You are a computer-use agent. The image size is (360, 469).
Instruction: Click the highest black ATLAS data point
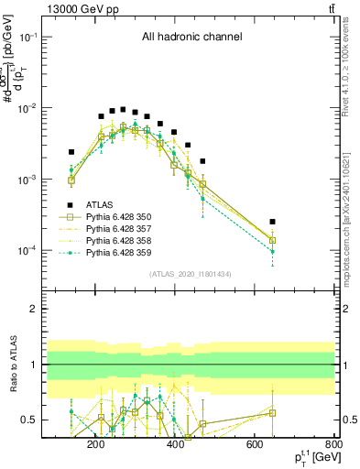coord(123,109)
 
